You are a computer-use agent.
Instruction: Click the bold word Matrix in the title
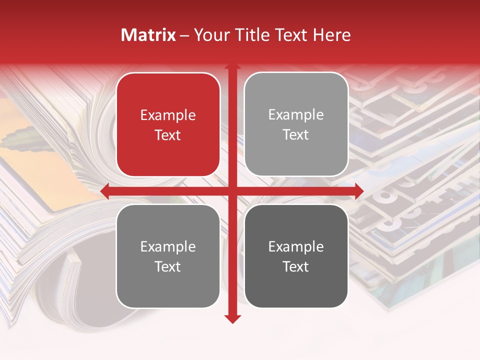(148, 35)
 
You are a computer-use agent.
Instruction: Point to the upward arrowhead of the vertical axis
(232, 66)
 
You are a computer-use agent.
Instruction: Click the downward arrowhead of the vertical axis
(232, 319)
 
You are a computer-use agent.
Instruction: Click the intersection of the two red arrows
(232, 191)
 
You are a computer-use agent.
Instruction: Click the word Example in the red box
(168, 115)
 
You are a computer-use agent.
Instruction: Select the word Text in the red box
(168, 135)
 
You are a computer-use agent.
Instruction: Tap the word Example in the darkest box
(295, 246)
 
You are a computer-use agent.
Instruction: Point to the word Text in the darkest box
(295, 266)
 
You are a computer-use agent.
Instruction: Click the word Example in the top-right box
(295, 115)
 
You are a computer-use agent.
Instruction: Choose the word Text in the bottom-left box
(168, 266)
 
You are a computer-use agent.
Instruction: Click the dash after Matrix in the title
(184, 35)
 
